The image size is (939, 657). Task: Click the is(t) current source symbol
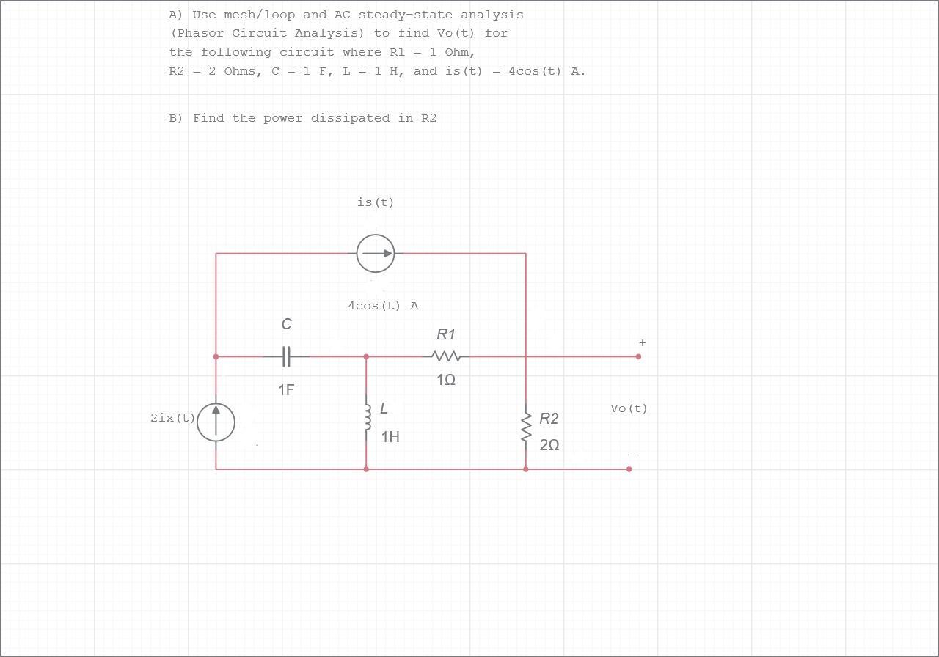point(376,254)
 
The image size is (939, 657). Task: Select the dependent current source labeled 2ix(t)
point(216,422)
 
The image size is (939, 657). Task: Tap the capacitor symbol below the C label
point(286,356)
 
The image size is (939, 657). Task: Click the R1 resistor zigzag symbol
point(446,356)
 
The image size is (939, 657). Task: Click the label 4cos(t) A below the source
point(383,306)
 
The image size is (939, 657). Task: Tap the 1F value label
point(286,390)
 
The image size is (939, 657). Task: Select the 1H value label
point(390,437)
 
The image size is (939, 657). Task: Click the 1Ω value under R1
point(446,380)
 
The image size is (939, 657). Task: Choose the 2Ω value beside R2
point(549,445)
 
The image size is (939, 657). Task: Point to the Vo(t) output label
point(629,408)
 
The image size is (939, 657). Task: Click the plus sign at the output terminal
point(642,342)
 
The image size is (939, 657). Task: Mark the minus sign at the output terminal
point(633,455)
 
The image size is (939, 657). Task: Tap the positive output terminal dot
point(638,356)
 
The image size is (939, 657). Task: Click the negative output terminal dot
point(629,469)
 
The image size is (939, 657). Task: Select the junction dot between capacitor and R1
point(366,356)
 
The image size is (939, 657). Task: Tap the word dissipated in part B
point(350,118)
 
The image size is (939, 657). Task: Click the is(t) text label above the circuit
point(376,202)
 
